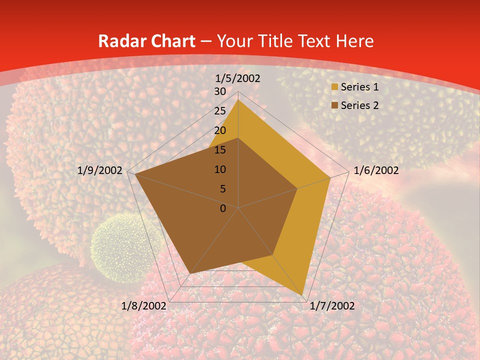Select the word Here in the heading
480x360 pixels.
point(355,41)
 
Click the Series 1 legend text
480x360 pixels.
point(359,87)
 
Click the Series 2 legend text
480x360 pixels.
point(359,105)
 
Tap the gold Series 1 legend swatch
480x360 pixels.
point(334,87)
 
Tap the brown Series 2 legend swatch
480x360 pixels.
point(334,105)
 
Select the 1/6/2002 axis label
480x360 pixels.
point(376,170)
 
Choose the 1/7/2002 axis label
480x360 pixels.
point(332,306)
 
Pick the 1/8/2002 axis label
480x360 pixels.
point(144,306)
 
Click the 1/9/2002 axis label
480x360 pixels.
point(100,170)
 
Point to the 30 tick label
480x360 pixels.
point(220,91)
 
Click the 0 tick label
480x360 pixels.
point(223,208)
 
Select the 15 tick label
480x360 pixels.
point(220,150)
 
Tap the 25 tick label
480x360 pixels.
point(220,111)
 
